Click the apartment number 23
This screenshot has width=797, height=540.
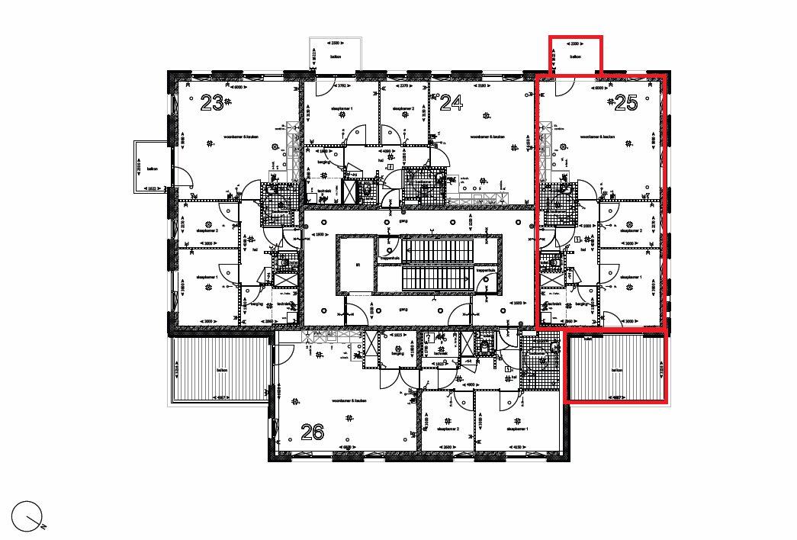(x=212, y=103)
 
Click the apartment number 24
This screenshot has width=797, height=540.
(x=452, y=103)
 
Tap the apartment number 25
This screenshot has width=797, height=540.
(x=625, y=103)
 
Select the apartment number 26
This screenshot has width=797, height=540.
(x=313, y=432)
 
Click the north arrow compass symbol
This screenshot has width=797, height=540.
(x=29, y=516)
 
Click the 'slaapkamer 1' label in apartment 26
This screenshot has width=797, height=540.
(x=517, y=429)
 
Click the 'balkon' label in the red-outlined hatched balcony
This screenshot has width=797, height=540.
(x=616, y=371)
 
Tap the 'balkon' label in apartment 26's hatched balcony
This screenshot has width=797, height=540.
(x=222, y=370)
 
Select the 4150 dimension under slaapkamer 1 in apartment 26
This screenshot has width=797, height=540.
(x=519, y=447)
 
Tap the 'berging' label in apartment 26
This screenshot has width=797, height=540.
(x=397, y=354)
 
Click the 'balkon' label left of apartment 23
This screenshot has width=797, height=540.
(x=153, y=169)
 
